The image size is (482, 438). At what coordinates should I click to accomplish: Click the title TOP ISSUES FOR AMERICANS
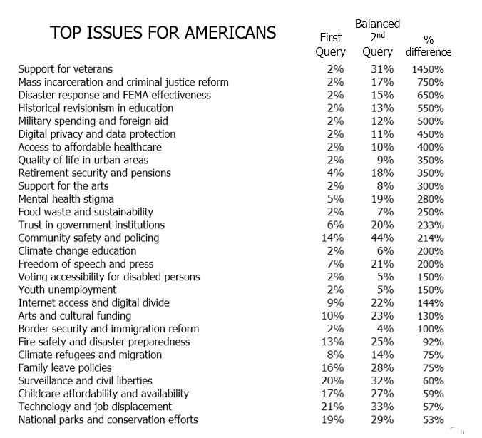pyautogui.click(x=163, y=34)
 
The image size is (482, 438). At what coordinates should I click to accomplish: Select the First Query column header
pyautogui.click(x=331, y=45)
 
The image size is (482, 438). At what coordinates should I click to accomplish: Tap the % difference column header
pyautogui.click(x=429, y=45)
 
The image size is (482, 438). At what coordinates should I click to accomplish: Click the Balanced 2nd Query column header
pyautogui.click(x=377, y=38)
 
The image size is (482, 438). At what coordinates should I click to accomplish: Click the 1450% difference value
pyautogui.click(x=428, y=69)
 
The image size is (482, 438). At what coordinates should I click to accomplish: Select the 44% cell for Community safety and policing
pyautogui.click(x=384, y=238)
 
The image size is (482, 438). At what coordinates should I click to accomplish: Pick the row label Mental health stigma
pyautogui.click(x=66, y=199)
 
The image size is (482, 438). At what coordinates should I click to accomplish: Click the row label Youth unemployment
pyautogui.click(x=67, y=290)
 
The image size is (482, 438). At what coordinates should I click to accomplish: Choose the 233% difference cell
pyautogui.click(x=431, y=225)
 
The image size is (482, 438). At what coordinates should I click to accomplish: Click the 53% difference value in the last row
pyautogui.click(x=434, y=419)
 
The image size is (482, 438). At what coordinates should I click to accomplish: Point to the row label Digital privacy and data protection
pyautogui.click(x=96, y=134)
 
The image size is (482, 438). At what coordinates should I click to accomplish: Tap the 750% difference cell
pyautogui.click(x=431, y=82)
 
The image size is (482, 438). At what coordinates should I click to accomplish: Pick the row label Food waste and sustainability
pyautogui.click(x=86, y=212)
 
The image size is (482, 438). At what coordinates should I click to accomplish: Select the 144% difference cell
pyautogui.click(x=431, y=302)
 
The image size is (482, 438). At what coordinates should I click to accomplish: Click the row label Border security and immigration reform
pyautogui.click(x=108, y=329)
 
